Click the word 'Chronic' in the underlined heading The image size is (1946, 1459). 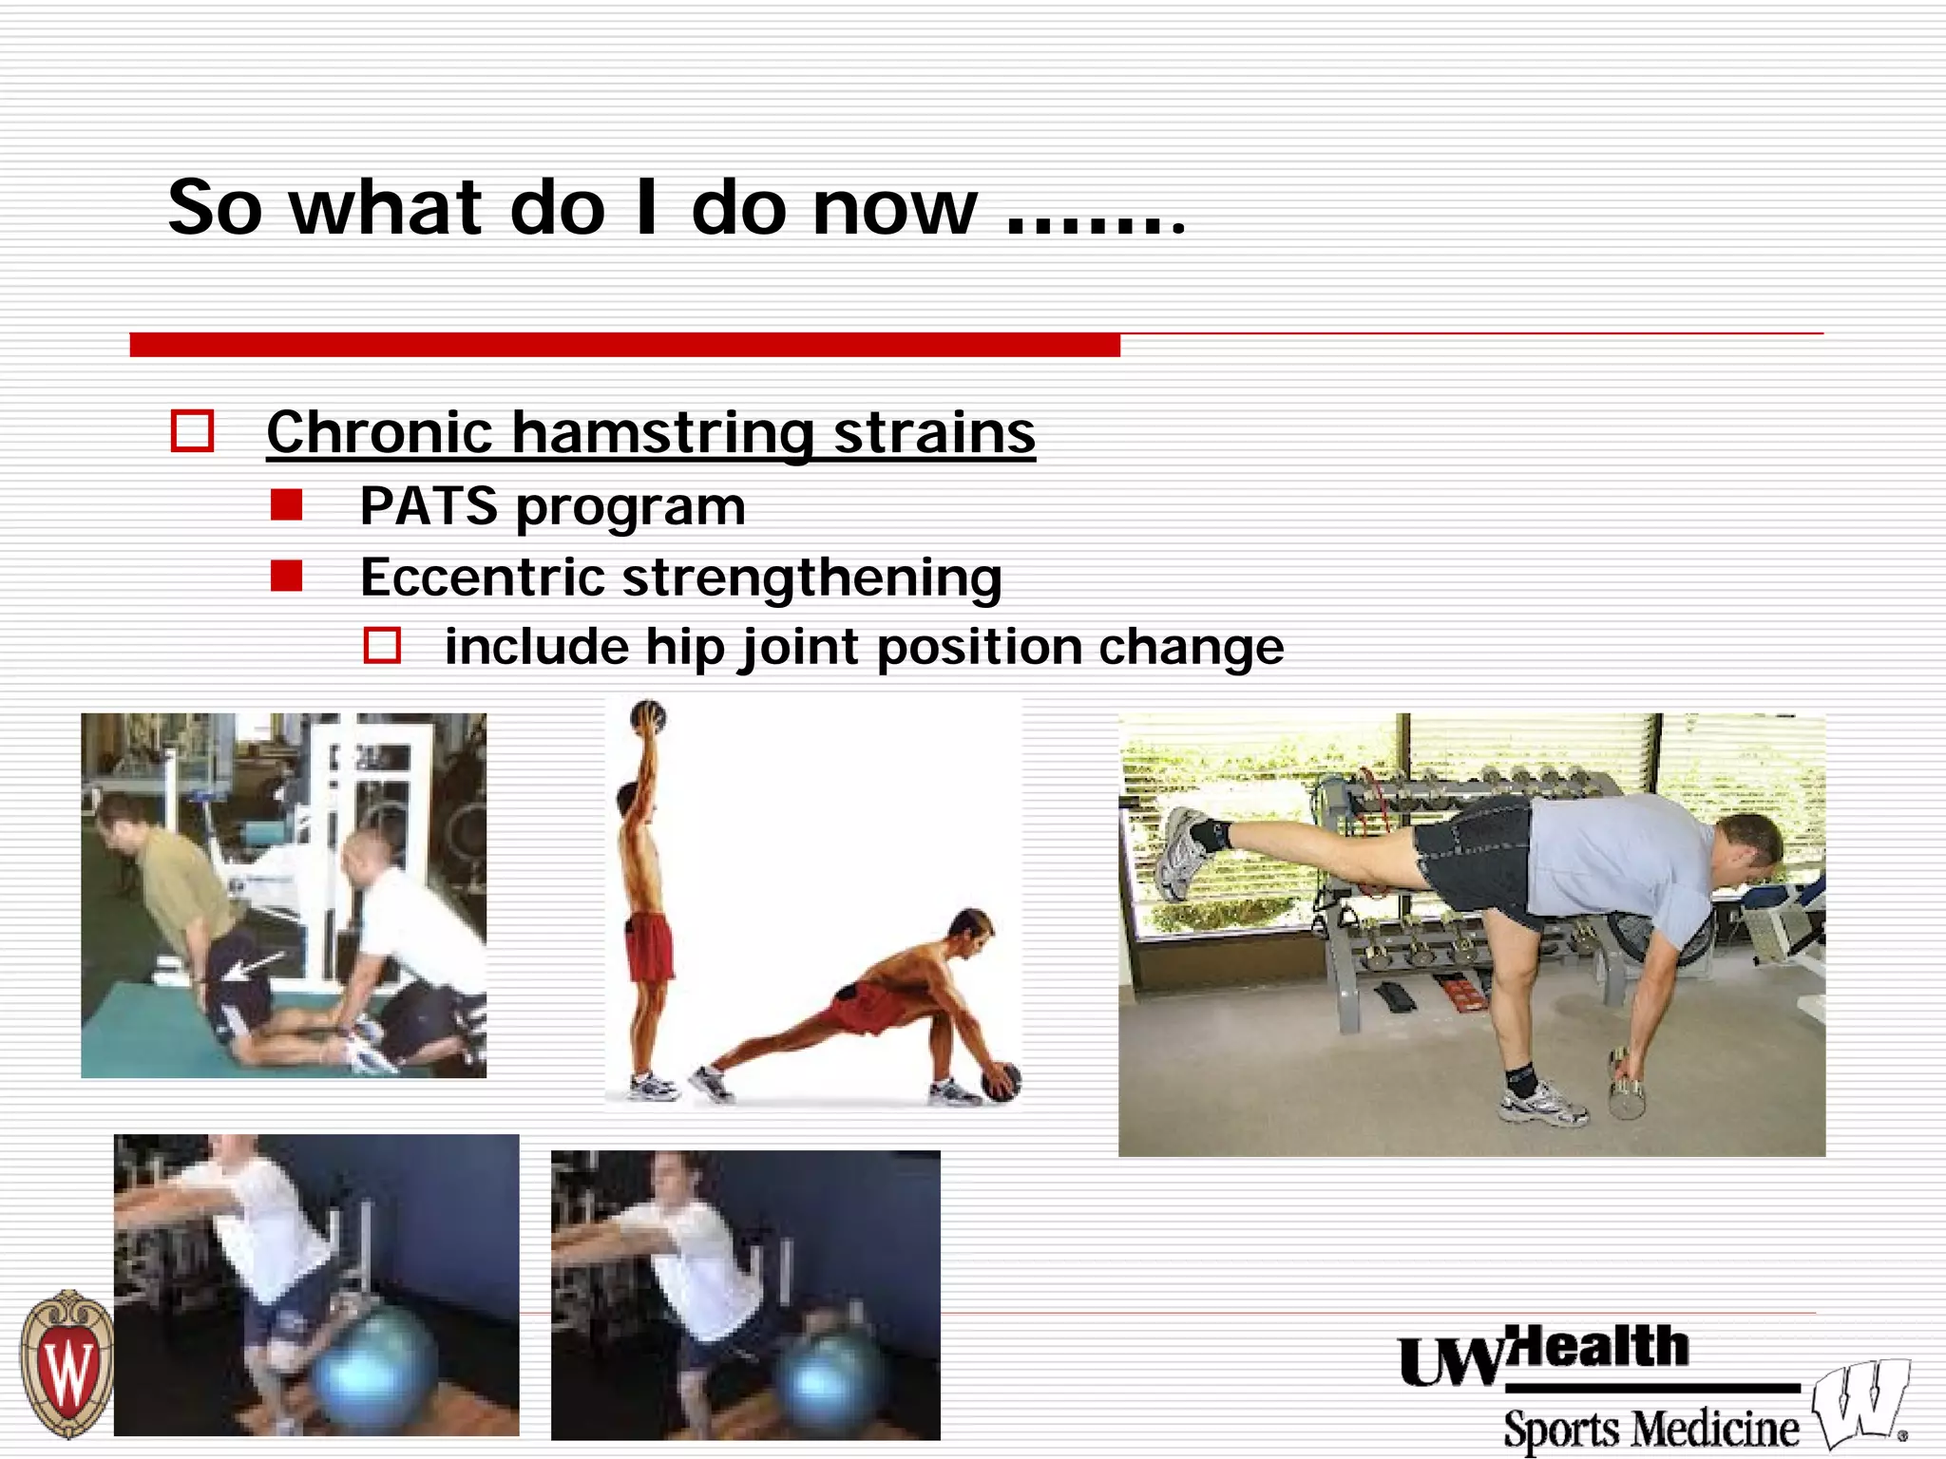378,433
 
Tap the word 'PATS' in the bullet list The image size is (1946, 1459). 429,506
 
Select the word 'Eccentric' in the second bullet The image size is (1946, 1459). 483,578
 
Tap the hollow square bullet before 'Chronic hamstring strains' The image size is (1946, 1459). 192,431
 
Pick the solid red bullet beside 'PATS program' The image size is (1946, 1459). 286,505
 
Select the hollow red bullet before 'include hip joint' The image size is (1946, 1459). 382,646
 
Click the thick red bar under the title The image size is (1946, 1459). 624,345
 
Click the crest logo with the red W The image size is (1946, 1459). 67,1364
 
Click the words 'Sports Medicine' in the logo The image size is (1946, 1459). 1650,1429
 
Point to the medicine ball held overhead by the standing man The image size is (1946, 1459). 648,717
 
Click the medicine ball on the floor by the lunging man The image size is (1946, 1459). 1002,1082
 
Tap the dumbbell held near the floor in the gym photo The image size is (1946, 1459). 1624,1083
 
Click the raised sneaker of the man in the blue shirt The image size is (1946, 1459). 1182,853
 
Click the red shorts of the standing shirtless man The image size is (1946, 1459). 650,946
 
